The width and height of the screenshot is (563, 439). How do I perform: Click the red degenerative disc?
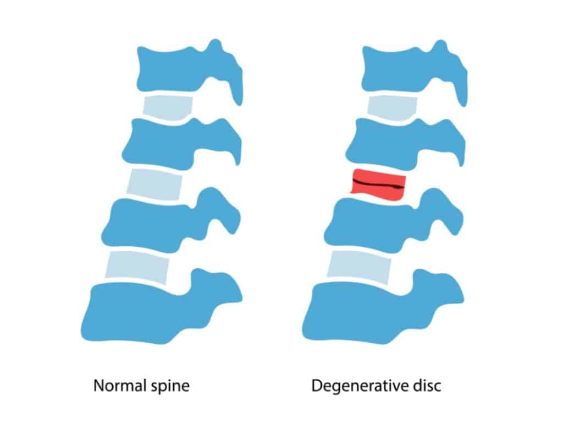378,184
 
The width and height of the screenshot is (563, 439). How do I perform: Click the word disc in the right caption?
427,386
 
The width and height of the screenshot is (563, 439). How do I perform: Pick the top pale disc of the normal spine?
168,107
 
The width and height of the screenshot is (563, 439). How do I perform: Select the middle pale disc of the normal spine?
154,184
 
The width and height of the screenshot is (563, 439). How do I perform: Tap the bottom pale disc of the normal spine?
137,267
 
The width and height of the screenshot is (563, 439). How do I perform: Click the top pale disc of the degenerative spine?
393,107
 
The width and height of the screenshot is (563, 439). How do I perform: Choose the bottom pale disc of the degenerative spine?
358,267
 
